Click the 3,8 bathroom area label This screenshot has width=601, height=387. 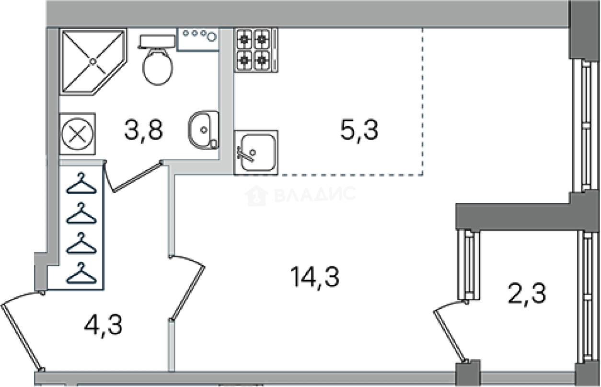pyautogui.click(x=144, y=130)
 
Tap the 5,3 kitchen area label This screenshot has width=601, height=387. pyautogui.click(x=359, y=130)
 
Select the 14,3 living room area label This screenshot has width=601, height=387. pyautogui.click(x=315, y=277)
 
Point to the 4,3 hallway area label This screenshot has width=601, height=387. pyautogui.click(x=104, y=326)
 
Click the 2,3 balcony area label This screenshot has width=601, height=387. pyautogui.click(x=527, y=294)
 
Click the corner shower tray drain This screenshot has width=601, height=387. pyautogui.click(x=92, y=62)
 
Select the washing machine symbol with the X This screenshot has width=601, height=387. pyautogui.click(x=78, y=134)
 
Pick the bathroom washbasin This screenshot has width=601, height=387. pyautogui.click(x=204, y=130)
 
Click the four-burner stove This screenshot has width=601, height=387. pyautogui.click(x=256, y=50)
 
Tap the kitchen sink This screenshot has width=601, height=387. pyautogui.click(x=256, y=152)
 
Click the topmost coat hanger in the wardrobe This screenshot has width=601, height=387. pyautogui.click(x=81, y=183)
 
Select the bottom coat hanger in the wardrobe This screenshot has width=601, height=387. pyautogui.click(x=81, y=273)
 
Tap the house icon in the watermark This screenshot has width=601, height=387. pyautogui.click(x=257, y=196)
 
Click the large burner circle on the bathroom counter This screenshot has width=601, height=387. pyautogui.click(x=212, y=37)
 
